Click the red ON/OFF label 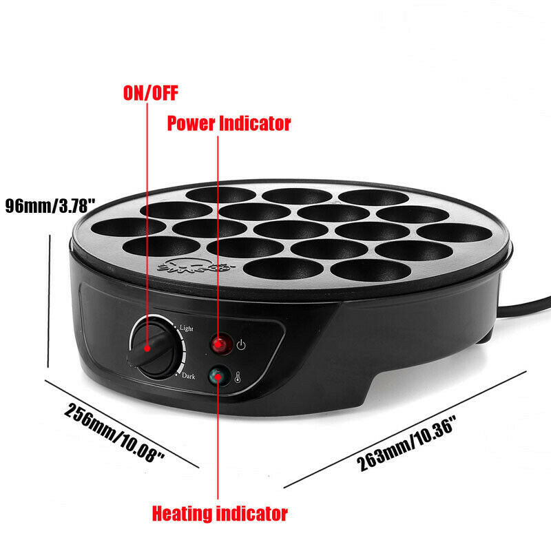click(x=150, y=93)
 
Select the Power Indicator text click(x=229, y=123)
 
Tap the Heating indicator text click(x=220, y=513)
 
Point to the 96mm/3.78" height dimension click(x=50, y=205)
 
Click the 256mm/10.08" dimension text click(x=114, y=433)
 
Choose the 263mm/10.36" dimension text click(x=406, y=443)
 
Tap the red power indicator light click(x=221, y=344)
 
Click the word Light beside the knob click(x=186, y=328)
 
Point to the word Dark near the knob click(x=188, y=376)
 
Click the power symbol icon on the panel click(x=241, y=345)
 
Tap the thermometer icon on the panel click(x=238, y=377)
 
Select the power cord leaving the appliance click(x=523, y=306)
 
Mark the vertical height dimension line click(x=49, y=301)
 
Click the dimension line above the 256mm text click(x=122, y=424)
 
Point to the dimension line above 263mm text click(x=405, y=429)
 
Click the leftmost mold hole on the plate click(x=128, y=227)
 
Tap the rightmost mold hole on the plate click(x=455, y=233)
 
